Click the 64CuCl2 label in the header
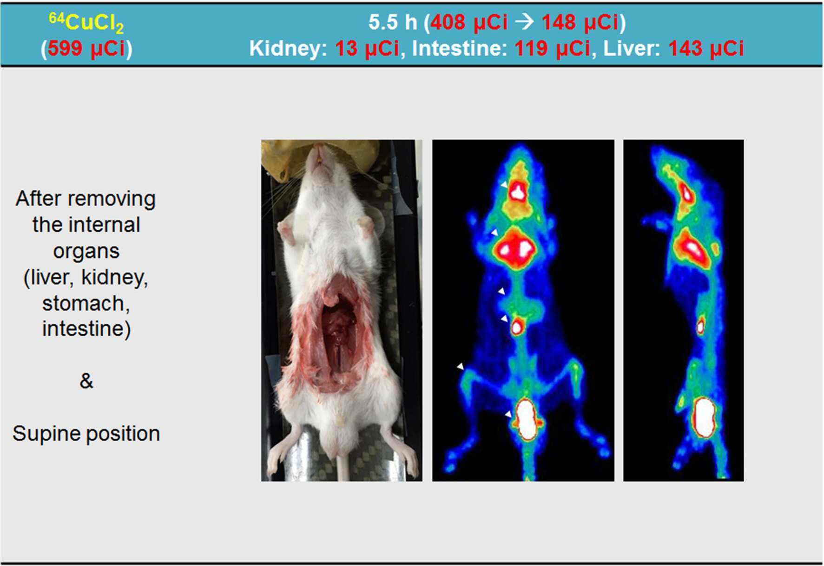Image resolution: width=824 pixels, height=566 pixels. pyautogui.click(x=86, y=23)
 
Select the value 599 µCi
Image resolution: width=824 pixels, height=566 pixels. pyautogui.click(x=86, y=48)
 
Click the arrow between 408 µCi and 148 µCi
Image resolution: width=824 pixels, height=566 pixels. pyautogui.click(x=525, y=21)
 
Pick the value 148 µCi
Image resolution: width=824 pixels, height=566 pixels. pyautogui.click(x=580, y=22)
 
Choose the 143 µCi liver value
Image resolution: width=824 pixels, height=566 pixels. pyautogui.click(x=706, y=48)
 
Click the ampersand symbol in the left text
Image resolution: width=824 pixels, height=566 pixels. pyautogui.click(x=86, y=381)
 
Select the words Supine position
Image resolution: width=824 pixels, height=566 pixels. pyautogui.click(x=86, y=434)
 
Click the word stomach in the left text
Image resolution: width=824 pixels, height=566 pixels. pyautogui.click(x=86, y=304)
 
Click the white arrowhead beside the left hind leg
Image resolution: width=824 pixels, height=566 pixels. pyautogui.click(x=460, y=366)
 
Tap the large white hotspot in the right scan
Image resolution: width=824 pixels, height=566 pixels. pyautogui.click(x=705, y=416)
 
